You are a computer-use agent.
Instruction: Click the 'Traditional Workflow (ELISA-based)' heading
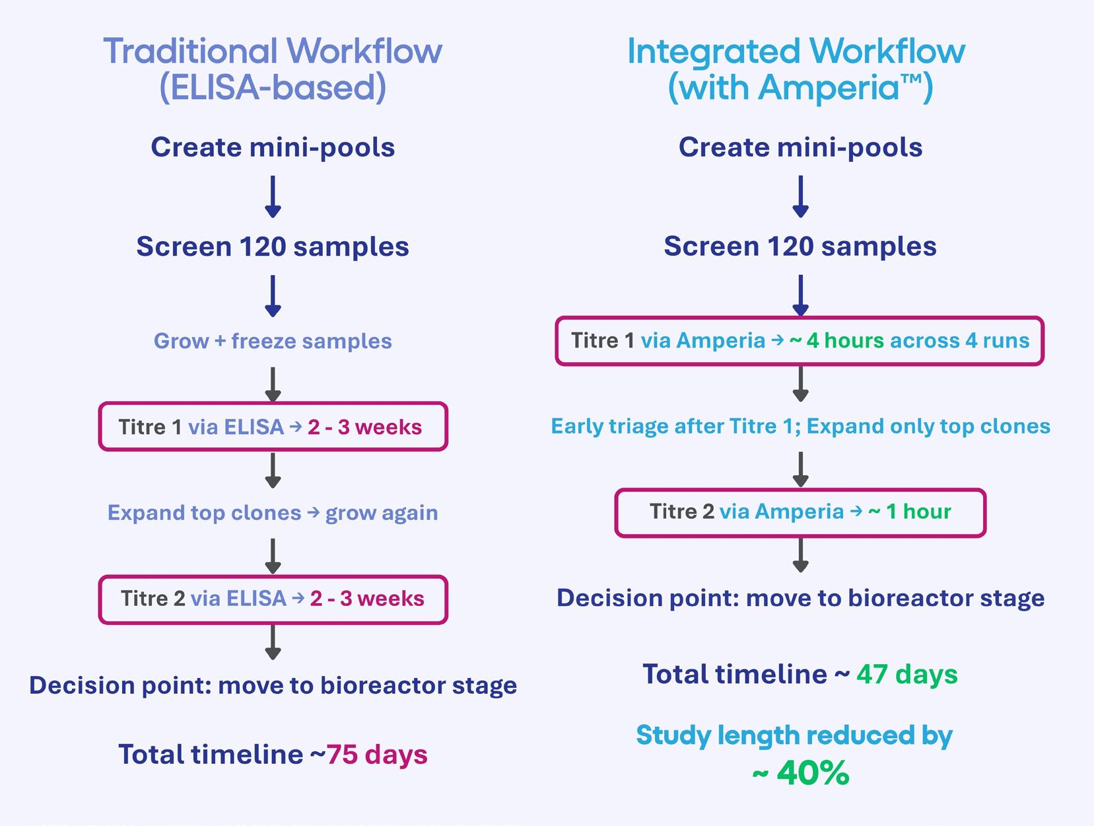coord(273,69)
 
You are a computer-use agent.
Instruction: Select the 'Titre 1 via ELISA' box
coord(273,427)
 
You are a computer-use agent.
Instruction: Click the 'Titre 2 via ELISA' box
coord(273,599)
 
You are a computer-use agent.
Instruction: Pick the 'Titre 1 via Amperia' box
coord(800,341)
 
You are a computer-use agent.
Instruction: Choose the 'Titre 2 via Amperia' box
coord(800,512)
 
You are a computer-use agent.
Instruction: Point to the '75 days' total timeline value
coord(377,755)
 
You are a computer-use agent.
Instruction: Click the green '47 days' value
coord(906,675)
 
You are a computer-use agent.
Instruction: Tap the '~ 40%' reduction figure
coord(800,772)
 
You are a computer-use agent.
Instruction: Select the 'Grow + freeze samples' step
coord(273,341)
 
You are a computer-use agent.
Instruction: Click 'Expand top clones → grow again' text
coord(273,513)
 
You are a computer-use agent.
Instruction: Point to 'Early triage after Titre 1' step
coord(800,426)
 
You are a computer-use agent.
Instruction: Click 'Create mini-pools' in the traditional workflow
coord(273,147)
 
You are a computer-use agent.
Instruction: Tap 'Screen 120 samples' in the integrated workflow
coord(800,246)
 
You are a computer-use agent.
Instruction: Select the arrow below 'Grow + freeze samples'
coord(273,385)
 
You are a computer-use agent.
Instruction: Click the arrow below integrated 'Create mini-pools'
coord(800,196)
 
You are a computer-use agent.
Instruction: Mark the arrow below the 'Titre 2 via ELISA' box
coord(273,642)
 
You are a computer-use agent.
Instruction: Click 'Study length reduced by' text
coord(794,735)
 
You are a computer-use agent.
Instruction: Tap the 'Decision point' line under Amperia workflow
coord(800,598)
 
